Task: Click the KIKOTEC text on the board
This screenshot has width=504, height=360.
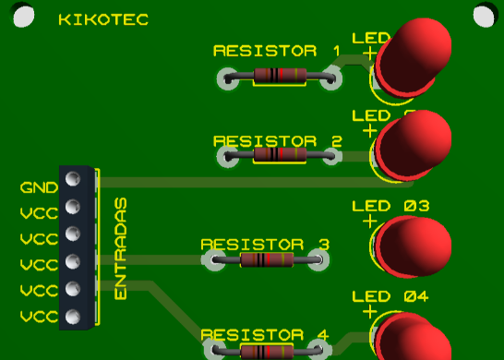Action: [x=102, y=19]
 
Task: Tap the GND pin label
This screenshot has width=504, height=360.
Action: [x=38, y=187]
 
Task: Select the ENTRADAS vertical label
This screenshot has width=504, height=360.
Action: [x=121, y=247]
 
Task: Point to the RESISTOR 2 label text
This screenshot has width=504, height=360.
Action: [x=277, y=141]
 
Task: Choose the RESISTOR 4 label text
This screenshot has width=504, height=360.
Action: [x=264, y=334]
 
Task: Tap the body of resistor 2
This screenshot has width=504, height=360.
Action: [x=278, y=155]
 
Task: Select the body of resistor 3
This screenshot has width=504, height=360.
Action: [x=266, y=260]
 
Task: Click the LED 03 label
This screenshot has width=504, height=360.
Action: [x=391, y=207]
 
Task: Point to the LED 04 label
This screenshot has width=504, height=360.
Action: [x=391, y=296]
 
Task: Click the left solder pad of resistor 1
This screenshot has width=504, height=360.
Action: [x=227, y=78]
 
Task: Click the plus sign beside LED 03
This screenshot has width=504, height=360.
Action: [x=370, y=222]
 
